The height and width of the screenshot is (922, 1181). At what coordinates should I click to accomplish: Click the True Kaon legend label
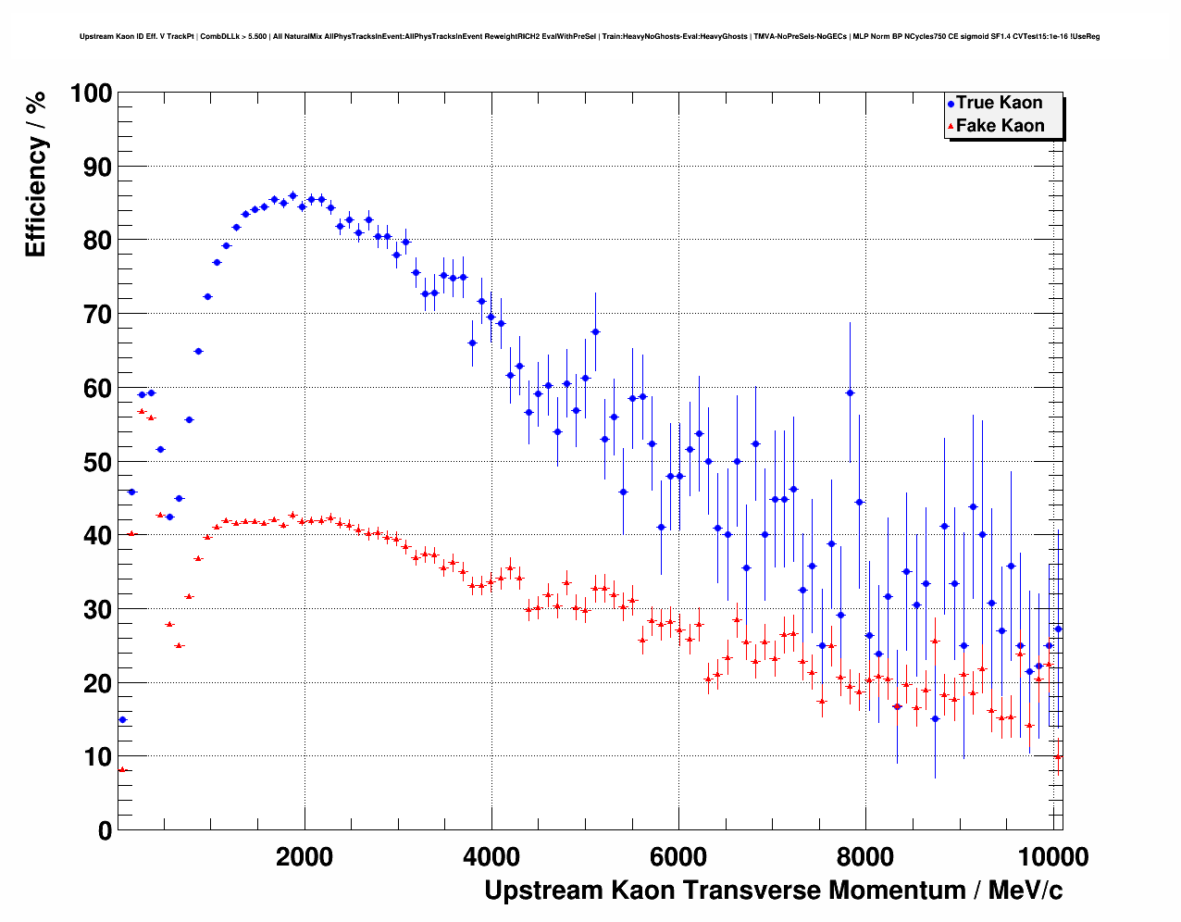click(999, 103)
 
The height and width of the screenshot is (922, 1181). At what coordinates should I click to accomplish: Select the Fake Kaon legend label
click(1000, 126)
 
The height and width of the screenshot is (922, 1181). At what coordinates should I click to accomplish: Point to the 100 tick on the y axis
click(92, 93)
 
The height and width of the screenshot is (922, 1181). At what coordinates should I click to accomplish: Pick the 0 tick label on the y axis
click(104, 830)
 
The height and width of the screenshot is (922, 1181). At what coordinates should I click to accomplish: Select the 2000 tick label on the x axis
click(305, 856)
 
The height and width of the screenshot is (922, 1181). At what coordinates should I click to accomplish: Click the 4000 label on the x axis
click(491, 856)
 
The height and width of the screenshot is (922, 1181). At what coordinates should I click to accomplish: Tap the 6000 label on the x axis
click(678, 856)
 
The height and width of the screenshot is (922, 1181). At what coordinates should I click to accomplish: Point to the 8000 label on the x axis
click(865, 856)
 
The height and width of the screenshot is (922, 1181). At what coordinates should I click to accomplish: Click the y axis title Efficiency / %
click(36, 175)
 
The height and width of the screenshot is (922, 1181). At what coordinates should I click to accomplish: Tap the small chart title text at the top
click(590, 37)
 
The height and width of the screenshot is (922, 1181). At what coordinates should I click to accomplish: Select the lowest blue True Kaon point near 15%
click(122, 719)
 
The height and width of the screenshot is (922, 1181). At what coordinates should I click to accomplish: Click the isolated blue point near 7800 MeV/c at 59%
click(850, 392)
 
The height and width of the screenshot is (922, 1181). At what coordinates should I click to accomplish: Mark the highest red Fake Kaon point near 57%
click(142, 411)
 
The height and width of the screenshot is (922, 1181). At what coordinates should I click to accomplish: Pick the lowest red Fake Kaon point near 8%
click(121, 769)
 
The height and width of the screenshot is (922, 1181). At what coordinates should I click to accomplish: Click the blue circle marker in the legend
click(951, 104)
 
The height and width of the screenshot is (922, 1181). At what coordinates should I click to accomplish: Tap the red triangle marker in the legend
click(951, 127)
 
